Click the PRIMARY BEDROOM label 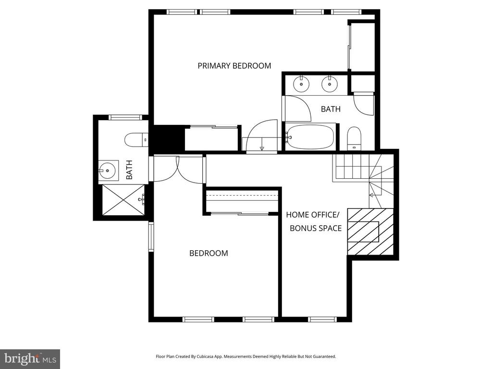[x=234, y=65]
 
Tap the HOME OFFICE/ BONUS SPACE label [x=314, y=221]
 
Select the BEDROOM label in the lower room [x=209, y=253]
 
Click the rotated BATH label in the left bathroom [x=129, y=170]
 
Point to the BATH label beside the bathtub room [x=331, y=109]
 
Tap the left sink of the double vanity [x=302, y=84]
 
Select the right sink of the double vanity [x=330, y=84]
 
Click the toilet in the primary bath [x=354, y=138]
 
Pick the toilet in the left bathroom [x=136, y=140]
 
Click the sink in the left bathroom [x=108, y=171]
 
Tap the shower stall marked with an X [x=123, y=200]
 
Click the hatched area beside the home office [x=370, y=231]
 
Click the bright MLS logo [x=30, y=358]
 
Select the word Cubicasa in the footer [x=209, y=357]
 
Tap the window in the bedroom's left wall [x=151, y=236]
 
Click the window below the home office [x=322, y=320]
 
